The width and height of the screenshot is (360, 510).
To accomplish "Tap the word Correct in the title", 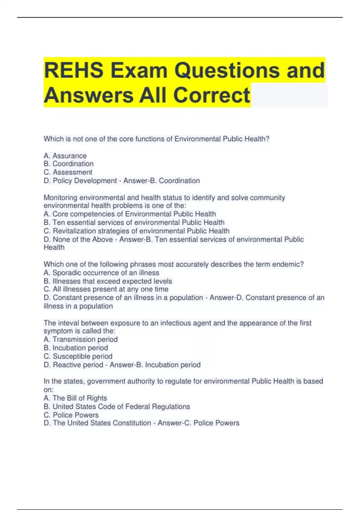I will [211, 95].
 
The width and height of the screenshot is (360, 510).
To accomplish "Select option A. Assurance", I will [65, 156].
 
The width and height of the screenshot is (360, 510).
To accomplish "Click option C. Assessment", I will [68, 172].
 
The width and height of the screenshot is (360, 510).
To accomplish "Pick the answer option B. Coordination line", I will [68, 164].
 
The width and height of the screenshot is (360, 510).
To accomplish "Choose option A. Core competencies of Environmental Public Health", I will [130, 214].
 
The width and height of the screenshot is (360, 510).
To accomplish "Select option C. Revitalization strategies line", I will [136, 231].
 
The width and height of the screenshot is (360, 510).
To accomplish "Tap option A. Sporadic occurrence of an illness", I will [101, 273].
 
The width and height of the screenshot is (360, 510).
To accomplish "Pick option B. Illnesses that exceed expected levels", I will [108, 281].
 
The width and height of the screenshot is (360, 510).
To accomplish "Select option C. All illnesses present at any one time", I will [106, 289].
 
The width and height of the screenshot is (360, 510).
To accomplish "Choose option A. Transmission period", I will [80, 339].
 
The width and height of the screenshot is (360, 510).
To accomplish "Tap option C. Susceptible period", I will [78, 356].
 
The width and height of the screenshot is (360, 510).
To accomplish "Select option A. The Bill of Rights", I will [75, 398].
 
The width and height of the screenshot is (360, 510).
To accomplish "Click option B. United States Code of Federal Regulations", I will [117, 406].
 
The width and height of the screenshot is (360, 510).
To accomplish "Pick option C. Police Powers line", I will [71, 415].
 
